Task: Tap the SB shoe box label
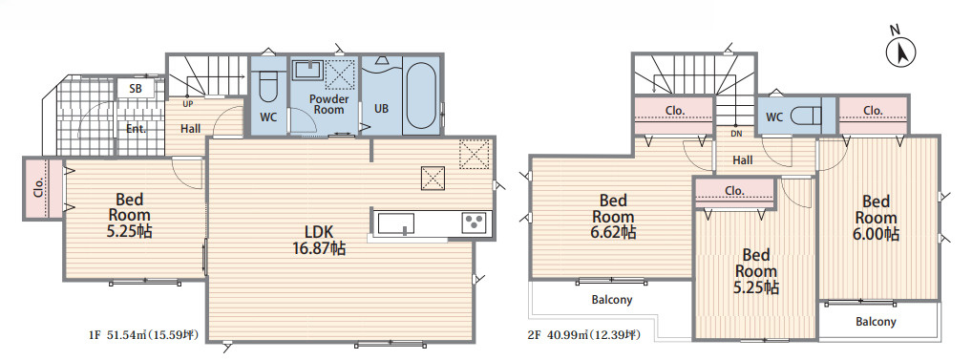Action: pyautogui.click(x=136, y=89)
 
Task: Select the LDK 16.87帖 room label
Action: pyautogui.click(x=320, y=241)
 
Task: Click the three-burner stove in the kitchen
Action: pyautogui.click(x=475, y=222)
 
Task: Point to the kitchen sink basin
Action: pyautogui.click(x=396, y=223)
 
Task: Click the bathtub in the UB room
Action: pyautogui.click(x=421, y=96)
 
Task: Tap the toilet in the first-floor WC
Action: pyautogui.click(x=267, y=87)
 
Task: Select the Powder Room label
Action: pyautogui.click(x=328, y=104)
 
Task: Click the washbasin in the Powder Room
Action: pyautogui.click(x=307, y=70)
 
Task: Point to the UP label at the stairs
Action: pyautogui.click(x=188, y=103)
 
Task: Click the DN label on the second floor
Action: pyautogui.click(x=736, y=134)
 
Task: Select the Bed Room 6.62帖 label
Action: pyautogui.click(x=613, y=216)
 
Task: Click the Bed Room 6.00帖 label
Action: pyautogui.click(x=877, y=218)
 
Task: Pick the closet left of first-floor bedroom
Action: pyautogui.click(x=43, y=189)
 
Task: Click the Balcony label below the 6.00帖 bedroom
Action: pyautogui.click(x=876, y=322)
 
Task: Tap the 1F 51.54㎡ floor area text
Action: pyautogui.click(x=142, y=336)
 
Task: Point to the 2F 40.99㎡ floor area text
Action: pyautogui.click(x=584, y=336)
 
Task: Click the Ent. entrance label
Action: pyautogui.click(x=136, y=130)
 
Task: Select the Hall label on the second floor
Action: pyautogui.click(x=743, y=159)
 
